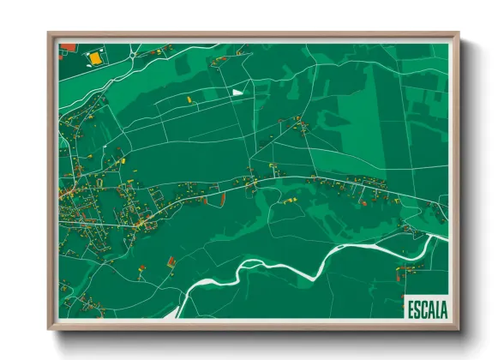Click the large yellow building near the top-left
(93, 58)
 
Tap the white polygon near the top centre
(237, 91)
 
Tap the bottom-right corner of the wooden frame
(458, 328)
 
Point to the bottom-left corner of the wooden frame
(50, 328)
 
